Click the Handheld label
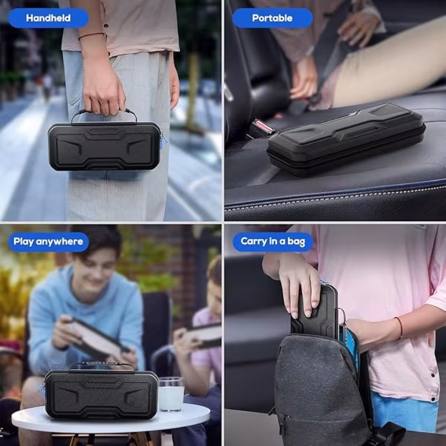(49, 18)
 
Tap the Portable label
(272, 18)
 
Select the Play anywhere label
(49, 242)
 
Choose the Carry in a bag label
(273, 241)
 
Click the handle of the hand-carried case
(104, 111)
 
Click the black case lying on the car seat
(346, 139)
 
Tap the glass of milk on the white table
(171, 394)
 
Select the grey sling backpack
(322, 390)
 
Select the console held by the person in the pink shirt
(204, 335)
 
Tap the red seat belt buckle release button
(263, 127)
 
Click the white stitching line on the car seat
(336, 198)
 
